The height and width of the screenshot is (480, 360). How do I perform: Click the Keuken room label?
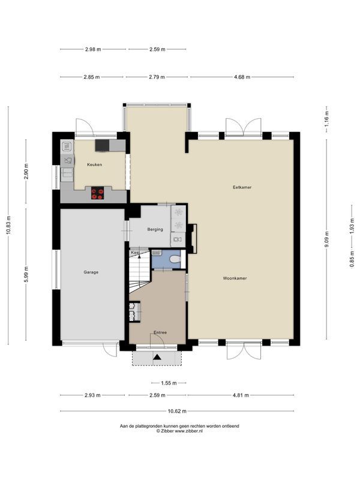pos(94,164)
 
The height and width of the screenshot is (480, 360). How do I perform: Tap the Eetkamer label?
pos(242,187)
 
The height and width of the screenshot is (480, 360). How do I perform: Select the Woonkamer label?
pos(235,278)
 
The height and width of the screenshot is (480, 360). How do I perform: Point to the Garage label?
pos(91,272)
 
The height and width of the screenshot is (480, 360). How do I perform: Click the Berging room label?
pos(155,229)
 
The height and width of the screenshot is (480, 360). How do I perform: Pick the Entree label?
pos(160,332)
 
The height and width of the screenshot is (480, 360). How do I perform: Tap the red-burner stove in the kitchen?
pos(97,194)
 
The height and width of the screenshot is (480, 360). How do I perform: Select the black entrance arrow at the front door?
pos(157,356)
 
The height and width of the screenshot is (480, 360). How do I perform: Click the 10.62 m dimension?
pos(177,411)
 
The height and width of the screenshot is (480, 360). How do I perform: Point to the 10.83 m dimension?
pos(8,226)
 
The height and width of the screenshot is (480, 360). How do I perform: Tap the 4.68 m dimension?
pos(242,77)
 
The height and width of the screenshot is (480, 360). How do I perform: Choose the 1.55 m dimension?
pos(169,383)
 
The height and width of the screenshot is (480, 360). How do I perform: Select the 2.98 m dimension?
pos(93,49)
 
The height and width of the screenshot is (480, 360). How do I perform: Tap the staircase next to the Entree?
pos(140,272)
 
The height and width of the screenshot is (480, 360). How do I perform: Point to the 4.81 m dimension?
pos(241,395)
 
